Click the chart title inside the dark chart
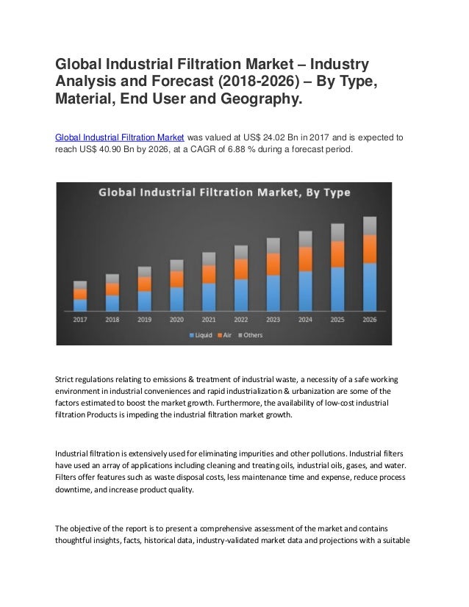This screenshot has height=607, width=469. point(225,193)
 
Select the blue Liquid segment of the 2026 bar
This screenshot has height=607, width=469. point(370,287)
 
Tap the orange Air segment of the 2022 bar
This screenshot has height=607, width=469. point(240,269)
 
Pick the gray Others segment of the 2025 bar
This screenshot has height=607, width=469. point(337,232)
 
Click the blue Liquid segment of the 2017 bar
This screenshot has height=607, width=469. point(80,304)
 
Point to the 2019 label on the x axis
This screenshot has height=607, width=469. point(144,319)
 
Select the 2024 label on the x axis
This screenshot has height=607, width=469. point(305,319)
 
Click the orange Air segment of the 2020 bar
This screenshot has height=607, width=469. point(176,279)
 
